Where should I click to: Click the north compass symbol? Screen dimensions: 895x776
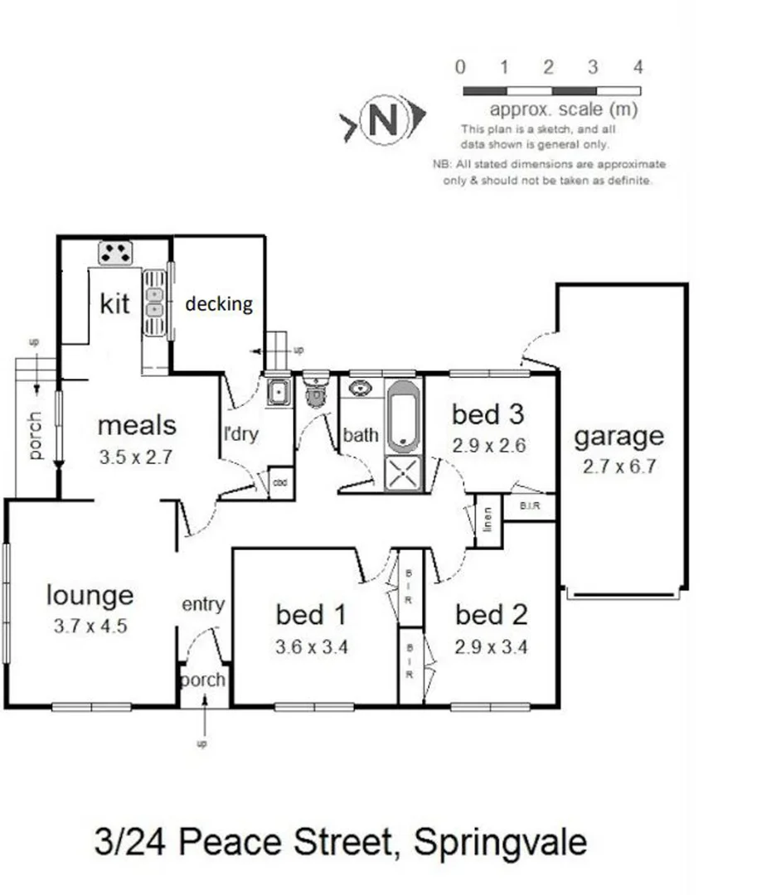tap(383, 122)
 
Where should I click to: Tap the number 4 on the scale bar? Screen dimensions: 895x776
tap(638, 68)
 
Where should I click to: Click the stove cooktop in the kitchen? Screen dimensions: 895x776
tap(116, 252)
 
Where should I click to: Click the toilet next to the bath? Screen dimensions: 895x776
tap(316, 391)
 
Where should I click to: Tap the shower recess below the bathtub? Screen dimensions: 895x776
tap(405, 474)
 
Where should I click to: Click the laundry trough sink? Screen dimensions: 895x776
tap(277, 391)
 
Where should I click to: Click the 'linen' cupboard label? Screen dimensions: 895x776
tap(487, 520)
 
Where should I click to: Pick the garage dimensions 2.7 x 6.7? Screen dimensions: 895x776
tap(620, 465)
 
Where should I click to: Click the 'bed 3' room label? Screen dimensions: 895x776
tap(488, 414)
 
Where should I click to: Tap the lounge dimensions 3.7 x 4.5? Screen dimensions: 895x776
tap(90, 626)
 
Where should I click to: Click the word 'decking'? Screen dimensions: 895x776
tap(218, 303)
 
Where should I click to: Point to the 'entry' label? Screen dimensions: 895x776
tap(202, 604)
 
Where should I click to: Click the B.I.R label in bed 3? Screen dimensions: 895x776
tap(530, 504)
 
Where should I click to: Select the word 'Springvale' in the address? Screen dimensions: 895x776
tap(500, 843)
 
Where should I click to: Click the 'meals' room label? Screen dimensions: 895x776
tap(137, 425)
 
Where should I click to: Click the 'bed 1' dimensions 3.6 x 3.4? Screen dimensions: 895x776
tap(311, 646)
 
